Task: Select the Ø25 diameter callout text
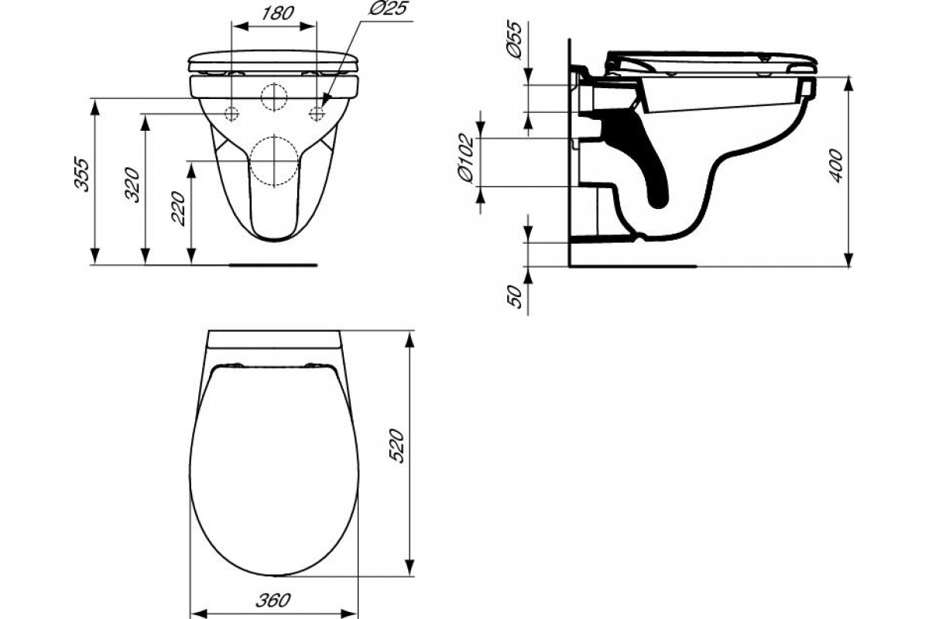(x=388, y=8)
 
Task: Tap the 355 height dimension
(x=82, y=174)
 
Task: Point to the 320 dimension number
(x=132, y=185)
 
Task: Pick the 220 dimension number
(x=179, y=209)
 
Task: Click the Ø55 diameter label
(x=515, y=40)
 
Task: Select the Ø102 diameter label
(x=466, y=158)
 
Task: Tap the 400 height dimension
(x=837, y=166)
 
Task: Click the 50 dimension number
(x=516, y=296)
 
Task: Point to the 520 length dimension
(x=396, y=446)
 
